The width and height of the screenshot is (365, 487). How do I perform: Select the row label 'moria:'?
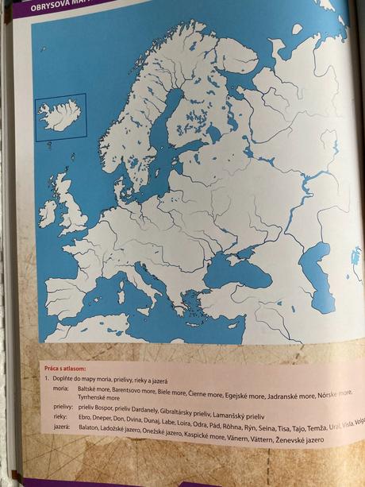tap(63, 391)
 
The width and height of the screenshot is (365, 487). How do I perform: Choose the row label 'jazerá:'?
tap(63, 427)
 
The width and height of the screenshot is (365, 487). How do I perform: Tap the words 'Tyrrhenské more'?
tap(99, 398)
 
